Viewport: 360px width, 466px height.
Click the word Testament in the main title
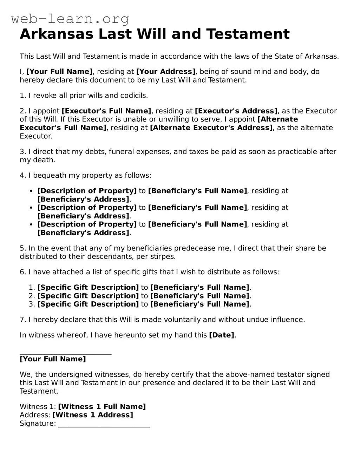[x=248, y=34]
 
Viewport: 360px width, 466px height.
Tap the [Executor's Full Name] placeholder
[x=106, y=111]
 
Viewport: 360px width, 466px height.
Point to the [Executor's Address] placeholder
[x=236, y=111]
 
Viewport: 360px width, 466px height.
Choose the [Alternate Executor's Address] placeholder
[x=211, y=128]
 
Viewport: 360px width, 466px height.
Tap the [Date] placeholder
[x=221, y=335]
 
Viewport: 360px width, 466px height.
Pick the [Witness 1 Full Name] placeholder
[x=102, y=407]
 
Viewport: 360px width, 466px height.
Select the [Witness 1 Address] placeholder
[x=93, y=415]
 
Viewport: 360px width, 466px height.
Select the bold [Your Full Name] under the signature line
[x=53, y=359]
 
